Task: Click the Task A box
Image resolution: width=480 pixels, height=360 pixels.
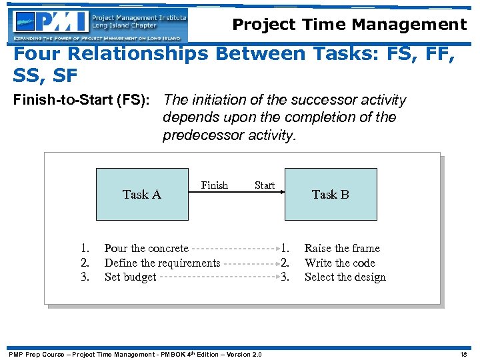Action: pos(142,194)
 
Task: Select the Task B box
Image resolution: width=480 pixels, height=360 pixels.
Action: pos(330,194)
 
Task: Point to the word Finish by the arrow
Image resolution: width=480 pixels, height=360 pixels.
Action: pos(215,185)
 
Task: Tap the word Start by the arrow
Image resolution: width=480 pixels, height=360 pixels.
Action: pos(265,185)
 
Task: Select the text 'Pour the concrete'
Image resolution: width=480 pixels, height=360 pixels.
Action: pos(146,248)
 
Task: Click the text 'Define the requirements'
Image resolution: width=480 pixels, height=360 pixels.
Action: pos(162,263)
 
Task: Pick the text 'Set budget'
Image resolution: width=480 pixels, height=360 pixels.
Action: pos(130,277)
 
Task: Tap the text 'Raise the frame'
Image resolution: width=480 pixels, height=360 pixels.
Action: pos(342,248)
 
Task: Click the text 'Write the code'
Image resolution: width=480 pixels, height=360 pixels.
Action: pos(340,263)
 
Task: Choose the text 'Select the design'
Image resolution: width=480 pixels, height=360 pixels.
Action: pos(345,277)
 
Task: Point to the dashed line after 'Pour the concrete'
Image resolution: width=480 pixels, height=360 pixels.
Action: pos(233,249)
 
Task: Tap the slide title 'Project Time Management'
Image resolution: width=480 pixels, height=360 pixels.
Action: pos(349,25)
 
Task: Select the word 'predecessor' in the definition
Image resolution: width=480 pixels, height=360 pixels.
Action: pos(198,135)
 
